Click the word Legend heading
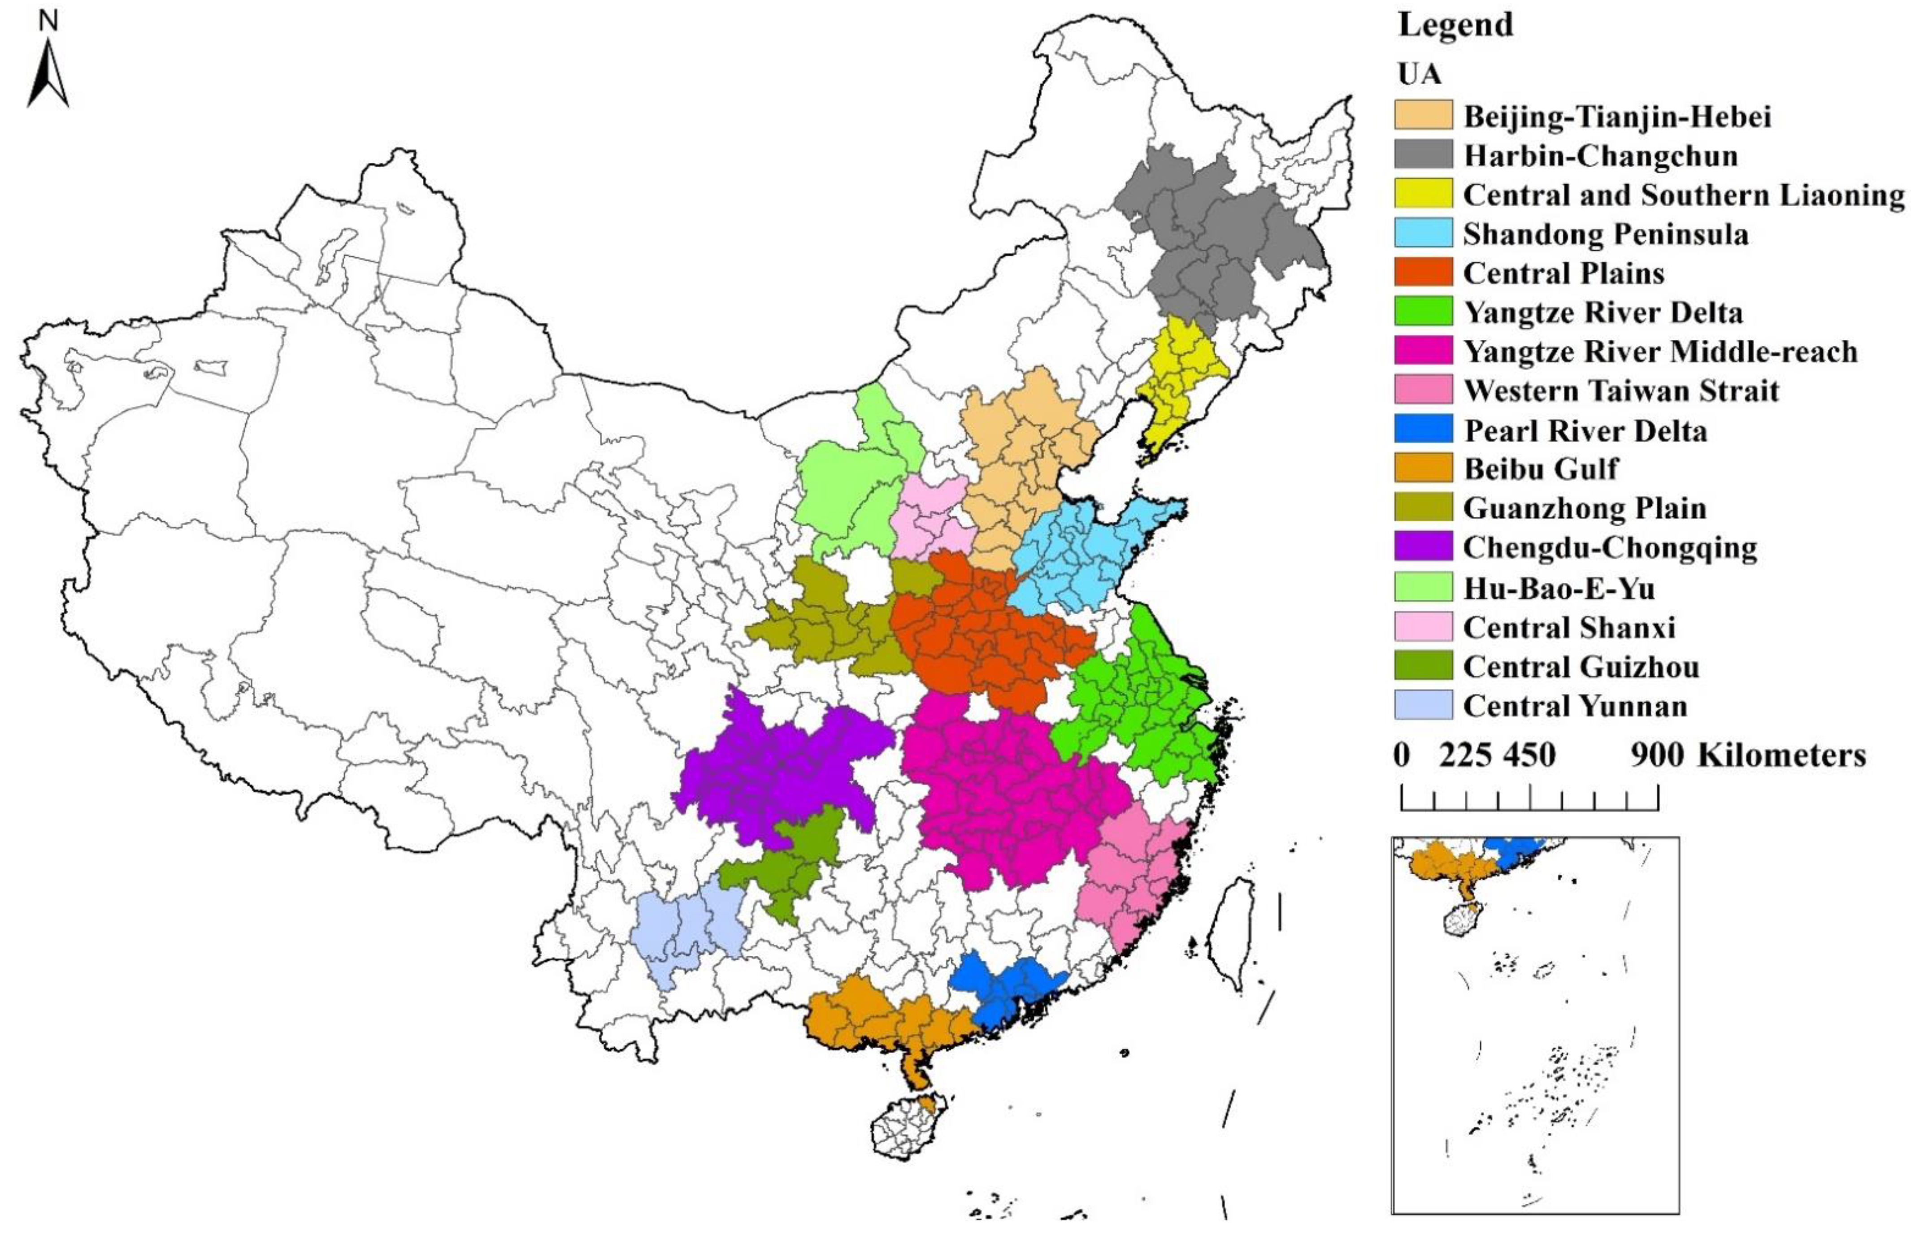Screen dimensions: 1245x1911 click(x=1455, y=25)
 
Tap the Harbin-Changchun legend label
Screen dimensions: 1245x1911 click(x=1600, y=155)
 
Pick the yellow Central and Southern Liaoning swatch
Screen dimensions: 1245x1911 click(x=1423, y=194)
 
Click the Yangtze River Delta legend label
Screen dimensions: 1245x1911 click(x=1603, y=312)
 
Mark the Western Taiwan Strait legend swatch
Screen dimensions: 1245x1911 click(x=1423, y=390)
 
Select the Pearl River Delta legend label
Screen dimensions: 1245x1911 click(x=1585, y=430)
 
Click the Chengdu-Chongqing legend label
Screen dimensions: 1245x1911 click(x=1610, y=547)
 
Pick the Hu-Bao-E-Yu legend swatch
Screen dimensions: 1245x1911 click(x=1423, y=587)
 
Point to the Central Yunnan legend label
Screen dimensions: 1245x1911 click(x=1575, y=706)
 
